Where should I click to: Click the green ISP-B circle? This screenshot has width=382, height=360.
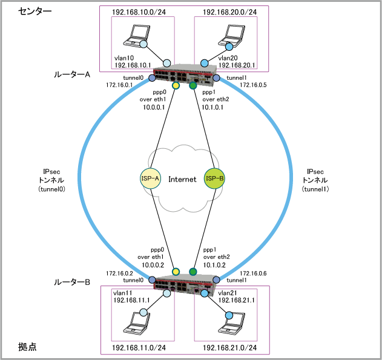click(x=216, y=179)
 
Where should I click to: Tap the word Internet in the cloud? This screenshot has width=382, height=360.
click(x=182, y=179)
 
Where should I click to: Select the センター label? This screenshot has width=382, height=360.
click(x=36, y=11)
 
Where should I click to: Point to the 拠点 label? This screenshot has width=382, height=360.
click(x=27, y=347)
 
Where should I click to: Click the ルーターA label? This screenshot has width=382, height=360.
click(x=71, y=75)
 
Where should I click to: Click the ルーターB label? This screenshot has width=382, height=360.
click(x=71, y=282)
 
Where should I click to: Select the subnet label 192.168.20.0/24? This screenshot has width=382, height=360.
click(x=229, y=11)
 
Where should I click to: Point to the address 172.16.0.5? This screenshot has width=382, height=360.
click(x=253, y=85)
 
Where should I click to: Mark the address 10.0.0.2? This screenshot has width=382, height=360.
click(x=153, y=264)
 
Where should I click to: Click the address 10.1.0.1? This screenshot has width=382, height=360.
click(x=213, y=106)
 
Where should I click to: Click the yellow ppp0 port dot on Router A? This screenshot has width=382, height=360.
click(x=176, y=86)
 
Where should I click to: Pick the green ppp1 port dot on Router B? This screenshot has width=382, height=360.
click(x=194, y=271)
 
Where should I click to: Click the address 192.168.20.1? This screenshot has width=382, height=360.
click(x=222, y=64)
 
